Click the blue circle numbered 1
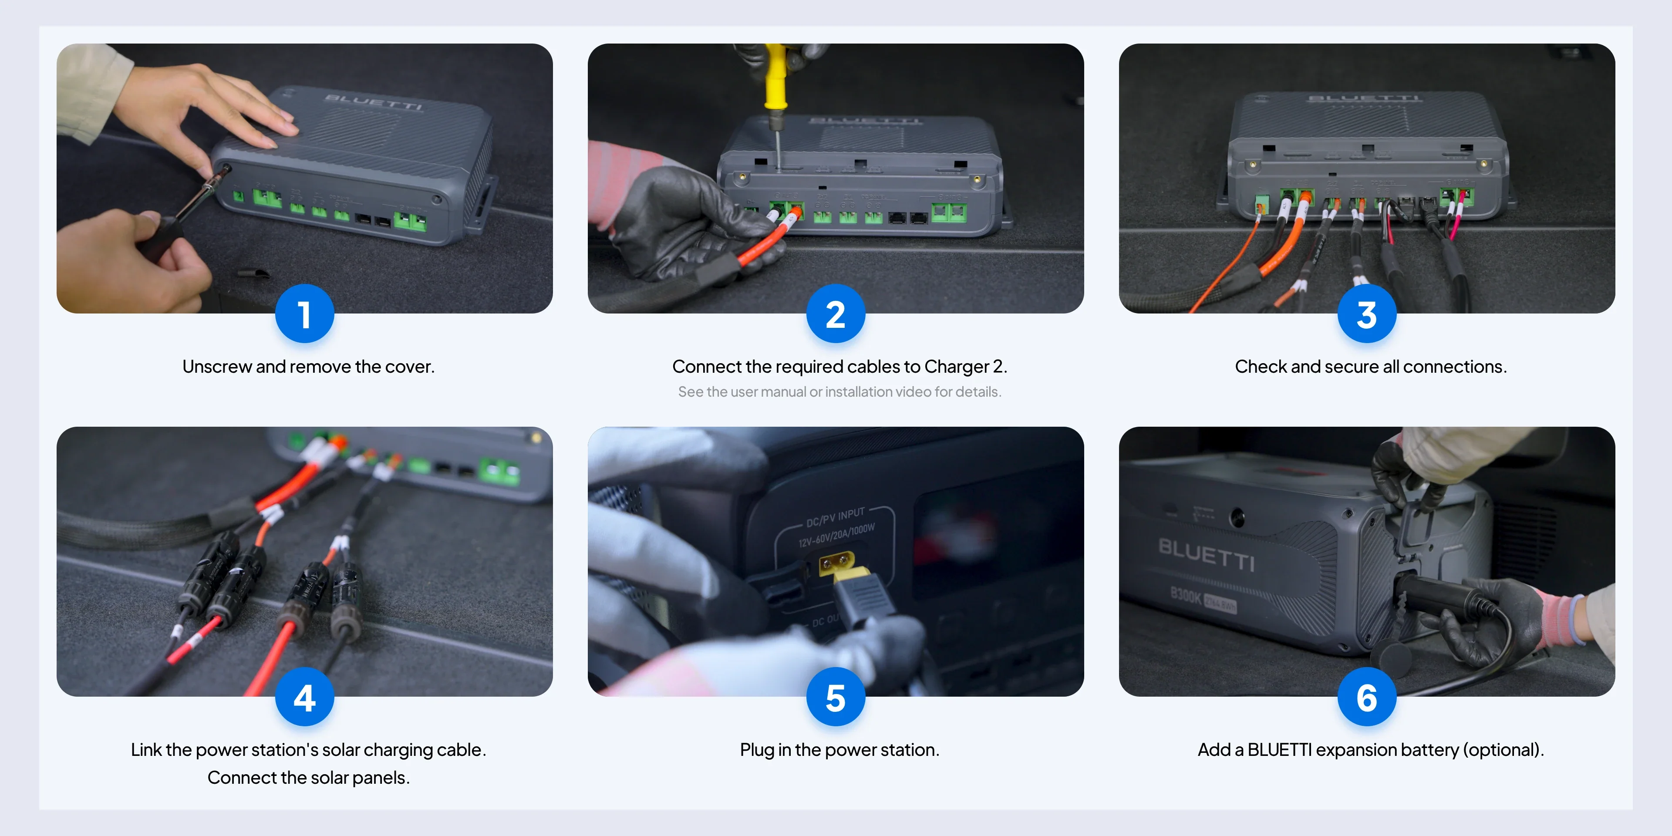[x=304, y=314]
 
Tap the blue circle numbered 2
[x=836, y=314]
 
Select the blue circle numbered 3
[x=1366, y=314]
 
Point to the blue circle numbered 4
[x=304, y=698]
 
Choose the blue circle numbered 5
[x=836, y=698]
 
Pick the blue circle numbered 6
[x=1366, y=698]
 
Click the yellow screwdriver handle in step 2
[x=775, y=78]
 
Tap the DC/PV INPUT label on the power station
[x=836, y=517]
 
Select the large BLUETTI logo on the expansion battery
[x=1206, y=554]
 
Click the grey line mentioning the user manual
[x=839, y=392]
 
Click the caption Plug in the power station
[x=839, y=750]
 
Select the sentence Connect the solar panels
[x=308, y=778]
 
